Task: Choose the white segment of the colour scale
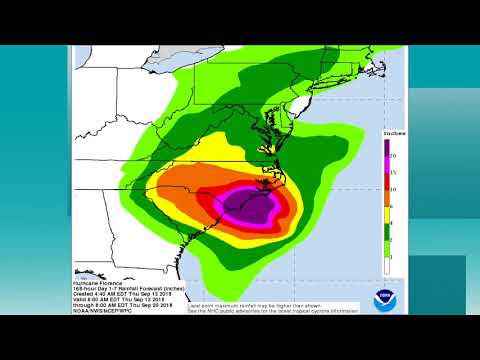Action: [x=387, y=264]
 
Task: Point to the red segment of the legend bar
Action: [x=387, y=188]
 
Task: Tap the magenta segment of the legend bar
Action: [x=387, y=175]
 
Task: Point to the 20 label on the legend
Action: [x=397, y=157]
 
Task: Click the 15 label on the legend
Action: [x=397, y=170]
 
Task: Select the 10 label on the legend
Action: [x=397, y=188]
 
